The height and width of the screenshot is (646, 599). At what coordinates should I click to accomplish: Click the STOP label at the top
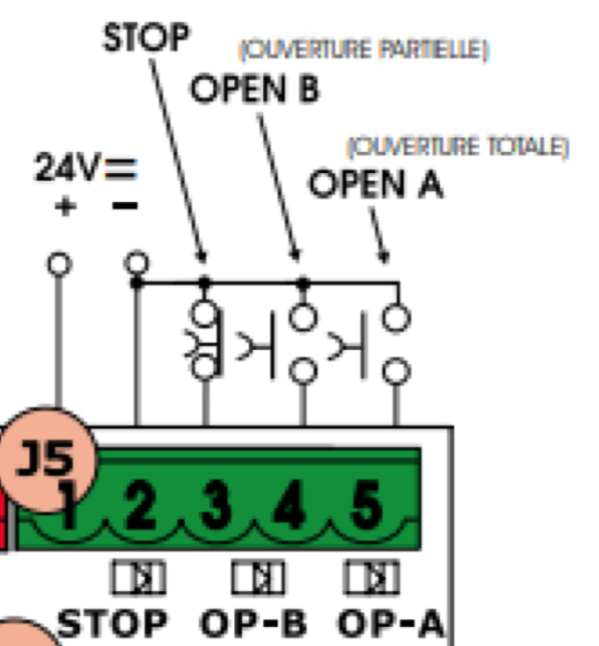click(x=146, y=37)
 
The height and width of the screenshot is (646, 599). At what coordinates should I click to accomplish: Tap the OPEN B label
click(x=254, y=89)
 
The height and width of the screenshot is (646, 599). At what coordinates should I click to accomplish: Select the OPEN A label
click(x=375, y=184)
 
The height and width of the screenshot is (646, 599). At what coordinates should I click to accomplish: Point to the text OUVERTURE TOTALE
click(x=458, y=147)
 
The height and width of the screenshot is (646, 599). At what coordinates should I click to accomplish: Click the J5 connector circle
click(x=47, y=460)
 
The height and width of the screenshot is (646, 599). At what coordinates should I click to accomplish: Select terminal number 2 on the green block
click(x=140, y=507)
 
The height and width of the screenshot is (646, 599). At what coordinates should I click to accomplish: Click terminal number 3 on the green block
click(x=216, y=507)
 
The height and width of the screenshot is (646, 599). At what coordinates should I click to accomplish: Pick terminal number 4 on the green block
click(x=289, y=507)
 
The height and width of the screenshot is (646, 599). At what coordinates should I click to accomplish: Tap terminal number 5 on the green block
click(x=366, y=507)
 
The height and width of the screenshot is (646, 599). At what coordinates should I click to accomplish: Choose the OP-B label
click(x=253, y=623)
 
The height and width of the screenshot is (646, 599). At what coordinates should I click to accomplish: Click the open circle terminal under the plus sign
click(x=60, y=263)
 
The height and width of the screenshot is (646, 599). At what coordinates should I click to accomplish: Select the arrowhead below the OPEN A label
click(x=385, y=257)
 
